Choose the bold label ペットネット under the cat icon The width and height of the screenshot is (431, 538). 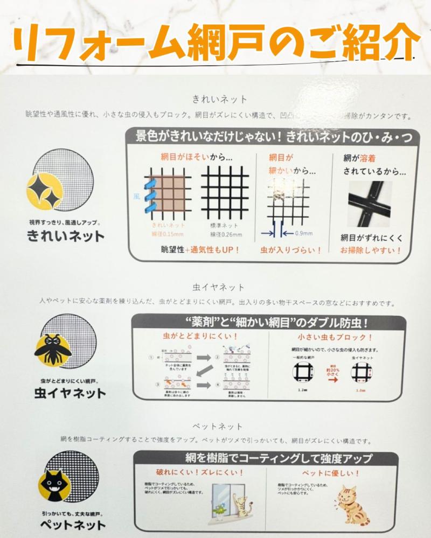point(75,524)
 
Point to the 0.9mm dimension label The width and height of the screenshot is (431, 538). point(302,233)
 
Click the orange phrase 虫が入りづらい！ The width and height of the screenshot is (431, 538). point(291,250)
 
